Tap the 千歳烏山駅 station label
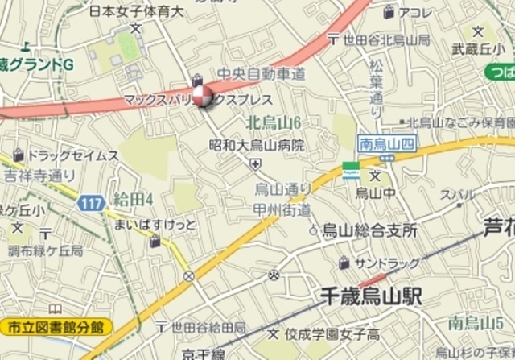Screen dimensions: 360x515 click(370, 296)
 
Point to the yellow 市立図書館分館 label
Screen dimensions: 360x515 click(55, 327)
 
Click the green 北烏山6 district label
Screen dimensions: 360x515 click(273, 122)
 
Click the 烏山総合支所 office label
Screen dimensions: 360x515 click(369, 230)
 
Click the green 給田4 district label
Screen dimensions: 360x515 click(134, 197)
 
